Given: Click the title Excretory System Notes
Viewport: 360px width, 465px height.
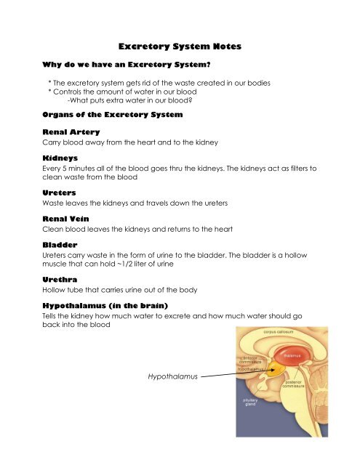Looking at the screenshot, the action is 180,46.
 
